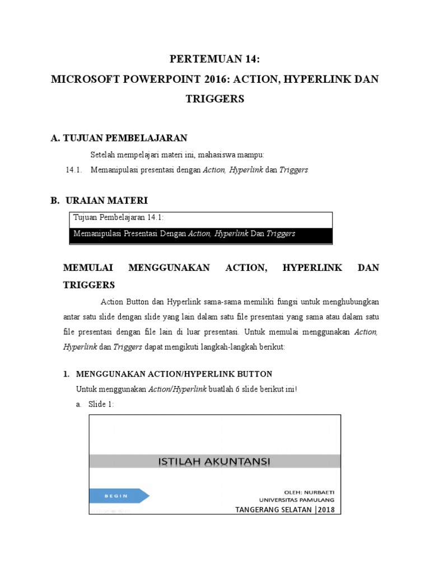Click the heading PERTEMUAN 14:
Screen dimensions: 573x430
pyautogui.click(x=215, y=59)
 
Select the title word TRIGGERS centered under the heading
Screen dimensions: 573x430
pyautogui.click(x=215, y=99)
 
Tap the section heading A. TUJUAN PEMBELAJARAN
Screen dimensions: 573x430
pyautogui.click(x=119, y=138)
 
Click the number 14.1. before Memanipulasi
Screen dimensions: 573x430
pyautogui.click(x=74, y=170)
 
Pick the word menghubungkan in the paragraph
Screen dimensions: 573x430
pyautogui.click(x=344, y=302)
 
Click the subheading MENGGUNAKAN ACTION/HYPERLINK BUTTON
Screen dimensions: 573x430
pyautogui.click(x=174, y=374)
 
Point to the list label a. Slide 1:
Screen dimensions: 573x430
pyautogui.click(x=95, y=404)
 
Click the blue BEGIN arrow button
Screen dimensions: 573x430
pyautogui.click(x=119, y=495)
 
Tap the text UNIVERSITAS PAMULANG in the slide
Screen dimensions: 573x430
pyautogui.click(x=297, y=499)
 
